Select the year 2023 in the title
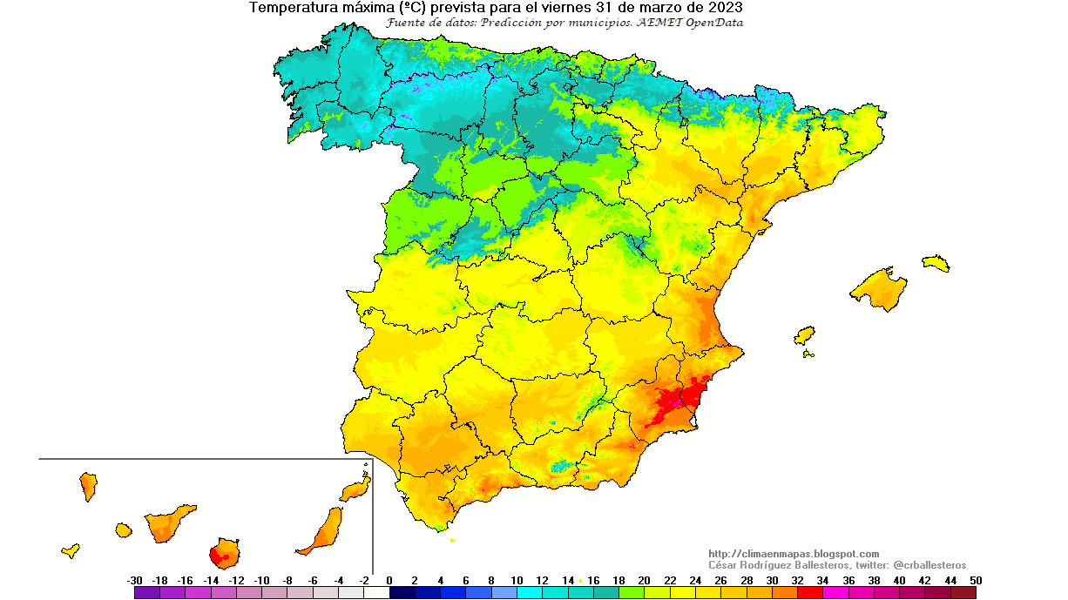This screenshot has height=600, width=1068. click(724, 8)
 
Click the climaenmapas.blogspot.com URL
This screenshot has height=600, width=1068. click(794, 554)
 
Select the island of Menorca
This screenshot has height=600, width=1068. click(936, 262)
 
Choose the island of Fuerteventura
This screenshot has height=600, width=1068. click(322, 531)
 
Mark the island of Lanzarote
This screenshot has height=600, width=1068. click(355, 489)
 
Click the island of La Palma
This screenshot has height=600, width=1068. click(88, 486)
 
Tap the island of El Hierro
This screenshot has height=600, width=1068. click(71, 550)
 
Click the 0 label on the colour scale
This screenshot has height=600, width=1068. click(389, 580)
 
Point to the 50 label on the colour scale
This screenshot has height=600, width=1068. click(976, 580)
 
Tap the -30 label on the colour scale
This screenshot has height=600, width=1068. click(134, 580)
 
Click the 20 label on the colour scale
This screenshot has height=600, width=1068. click(644, 580)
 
